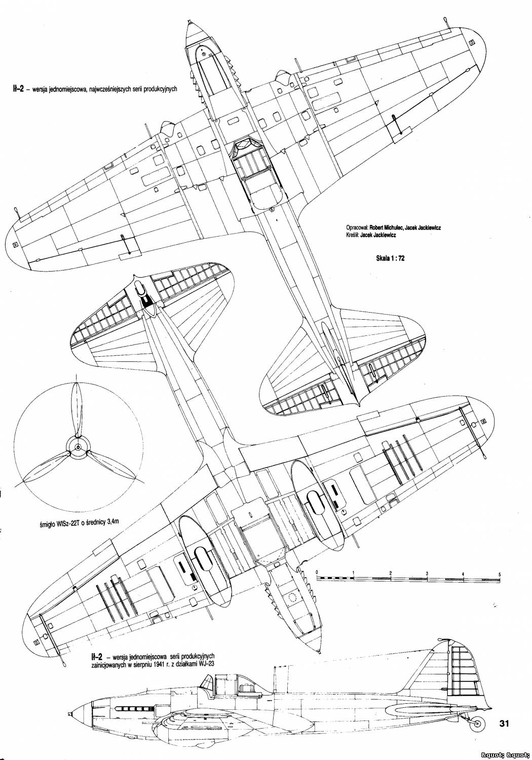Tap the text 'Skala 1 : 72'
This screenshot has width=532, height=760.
coord(390,258)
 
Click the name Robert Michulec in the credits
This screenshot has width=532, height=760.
coord(384,228)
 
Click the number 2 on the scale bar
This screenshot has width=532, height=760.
coord(391,573)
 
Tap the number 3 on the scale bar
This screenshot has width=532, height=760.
coord(427,574)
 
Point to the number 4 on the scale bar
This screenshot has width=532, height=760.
coord(464,574)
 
